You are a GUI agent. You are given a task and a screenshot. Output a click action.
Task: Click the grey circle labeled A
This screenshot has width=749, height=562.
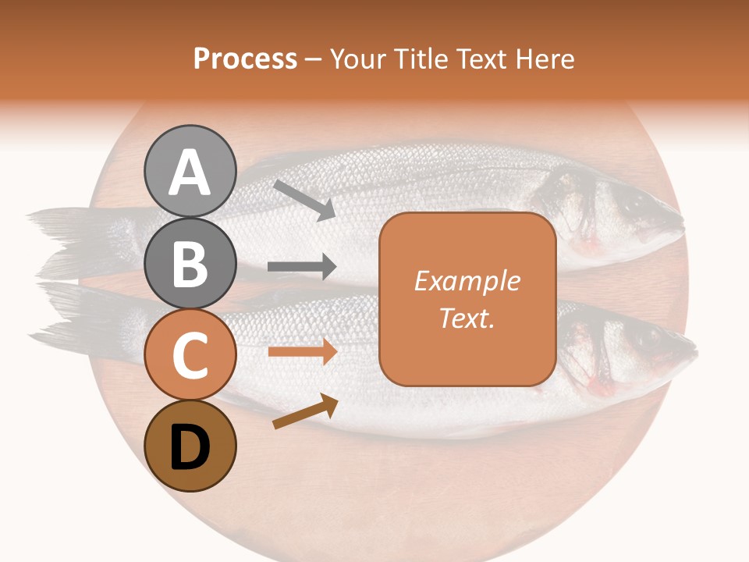point(190,171)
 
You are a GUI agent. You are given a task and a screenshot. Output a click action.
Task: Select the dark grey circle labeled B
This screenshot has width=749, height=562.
point(190,263)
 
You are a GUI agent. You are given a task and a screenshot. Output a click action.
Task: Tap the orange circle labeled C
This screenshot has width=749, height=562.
point(190,355)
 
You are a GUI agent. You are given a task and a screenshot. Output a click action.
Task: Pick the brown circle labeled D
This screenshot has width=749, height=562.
point(190,446)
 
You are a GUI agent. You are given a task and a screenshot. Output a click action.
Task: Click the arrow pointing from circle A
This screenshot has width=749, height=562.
point(304,200)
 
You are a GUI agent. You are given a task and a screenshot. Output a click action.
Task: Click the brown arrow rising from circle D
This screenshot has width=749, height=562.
point(305,411)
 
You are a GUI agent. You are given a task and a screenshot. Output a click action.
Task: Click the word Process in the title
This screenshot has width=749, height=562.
point(245,59)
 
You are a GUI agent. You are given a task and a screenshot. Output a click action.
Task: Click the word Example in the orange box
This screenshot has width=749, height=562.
point(467,281)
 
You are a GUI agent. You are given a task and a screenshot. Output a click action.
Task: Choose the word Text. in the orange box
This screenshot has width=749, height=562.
point(467,318)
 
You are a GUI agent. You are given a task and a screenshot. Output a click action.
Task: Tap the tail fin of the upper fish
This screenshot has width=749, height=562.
point(66,234)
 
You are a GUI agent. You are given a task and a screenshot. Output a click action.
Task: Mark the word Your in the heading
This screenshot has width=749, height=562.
point(358,59)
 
